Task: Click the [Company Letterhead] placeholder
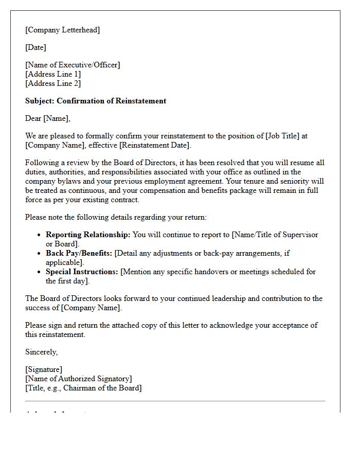click(x=62, y=30)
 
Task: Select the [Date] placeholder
click(x=35, y=47)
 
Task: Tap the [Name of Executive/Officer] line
click(x=73, y=65)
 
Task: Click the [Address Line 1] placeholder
click(x=53, y=74)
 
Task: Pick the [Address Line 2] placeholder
click(x=53, y=83)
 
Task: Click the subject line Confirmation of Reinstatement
click(x=96, y=101)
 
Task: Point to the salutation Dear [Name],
click(x=48, y=118)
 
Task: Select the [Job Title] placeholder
click(x=282, y=136)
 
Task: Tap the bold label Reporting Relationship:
click(x=88, y=235)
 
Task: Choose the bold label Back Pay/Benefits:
click(x=79, y=253)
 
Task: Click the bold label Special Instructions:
click(x=82, y=272)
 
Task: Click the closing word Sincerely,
click(x=42, y=352)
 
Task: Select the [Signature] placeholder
click(x=44, y=369)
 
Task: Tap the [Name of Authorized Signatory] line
click(x=78, y=379)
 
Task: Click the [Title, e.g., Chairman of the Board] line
click(x=83, y=388)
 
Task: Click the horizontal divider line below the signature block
click(x=175, y=401)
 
